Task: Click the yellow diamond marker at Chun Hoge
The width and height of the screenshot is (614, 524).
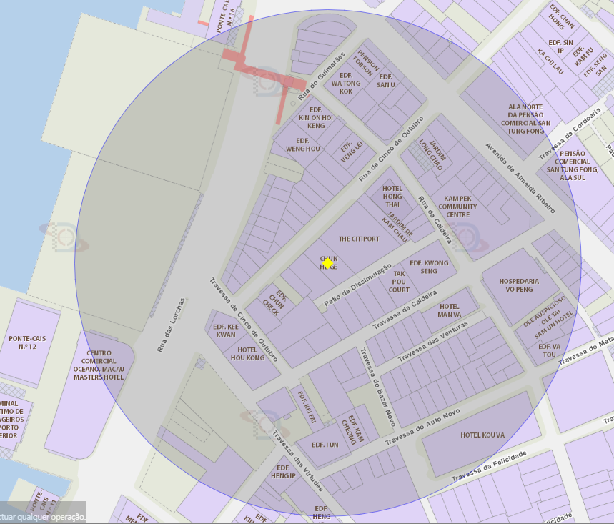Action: [x=327, y=263]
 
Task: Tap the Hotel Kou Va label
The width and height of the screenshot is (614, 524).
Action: [x=482, y=435]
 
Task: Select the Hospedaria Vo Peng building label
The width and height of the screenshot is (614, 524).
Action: [x=520, y=285]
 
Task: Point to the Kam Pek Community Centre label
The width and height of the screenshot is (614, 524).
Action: [x=458, y=207]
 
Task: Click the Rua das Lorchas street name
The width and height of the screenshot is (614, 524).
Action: [x=171, y=325]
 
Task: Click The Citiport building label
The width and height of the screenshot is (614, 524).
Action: [x=359, y=239]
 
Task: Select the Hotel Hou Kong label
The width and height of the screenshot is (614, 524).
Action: [x=247, y=355]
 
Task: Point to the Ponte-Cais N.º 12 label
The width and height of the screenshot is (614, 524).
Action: [x=28, y=342]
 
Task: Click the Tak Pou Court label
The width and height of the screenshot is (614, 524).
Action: [x=400, y=281]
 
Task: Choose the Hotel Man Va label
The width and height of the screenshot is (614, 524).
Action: [x=450, y=310]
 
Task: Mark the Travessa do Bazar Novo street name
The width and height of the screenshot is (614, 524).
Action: [x=377, y=387]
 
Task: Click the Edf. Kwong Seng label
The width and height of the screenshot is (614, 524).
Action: [x=429, y=267]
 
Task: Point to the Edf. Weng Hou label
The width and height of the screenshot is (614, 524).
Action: [x=302, y=144]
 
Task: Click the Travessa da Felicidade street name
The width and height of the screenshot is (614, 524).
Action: [x=489, y=465]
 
